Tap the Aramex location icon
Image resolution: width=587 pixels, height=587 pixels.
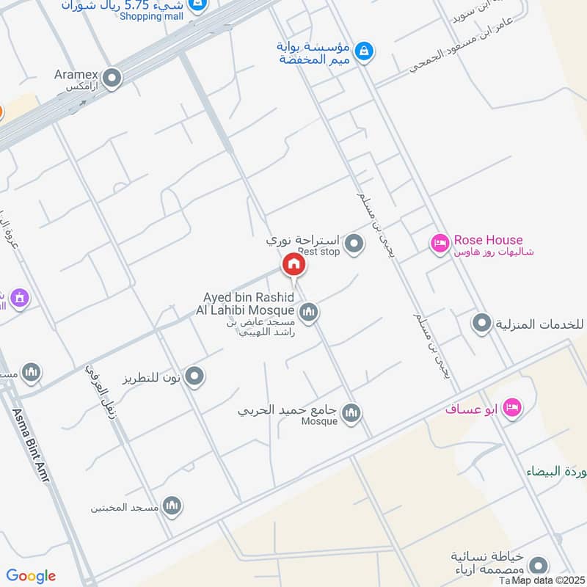click(112, 78)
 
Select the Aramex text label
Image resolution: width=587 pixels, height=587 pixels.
click(76, 73)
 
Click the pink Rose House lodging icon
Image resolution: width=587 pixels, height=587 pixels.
click(440, 243)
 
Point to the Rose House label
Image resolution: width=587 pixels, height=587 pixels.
click(488, 240)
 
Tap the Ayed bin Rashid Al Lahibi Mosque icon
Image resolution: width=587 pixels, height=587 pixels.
click(309, 313)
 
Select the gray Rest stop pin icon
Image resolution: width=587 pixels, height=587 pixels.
click(354, 243)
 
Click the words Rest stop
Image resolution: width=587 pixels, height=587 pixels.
click(318, 252)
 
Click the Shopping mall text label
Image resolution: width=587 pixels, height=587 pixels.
click(150, 16)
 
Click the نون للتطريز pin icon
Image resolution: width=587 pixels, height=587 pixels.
click(194, 377)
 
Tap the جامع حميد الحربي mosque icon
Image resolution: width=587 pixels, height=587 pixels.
click(351, 413)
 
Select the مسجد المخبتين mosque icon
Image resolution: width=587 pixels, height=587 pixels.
click(172, 506)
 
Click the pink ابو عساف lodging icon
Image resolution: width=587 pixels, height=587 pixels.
click(512, 408)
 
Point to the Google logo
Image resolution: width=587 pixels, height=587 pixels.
click(31, 576)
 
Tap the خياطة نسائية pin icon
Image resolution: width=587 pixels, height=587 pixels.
click(539, 566)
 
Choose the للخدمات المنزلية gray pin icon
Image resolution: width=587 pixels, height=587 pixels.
click(482, 323)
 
